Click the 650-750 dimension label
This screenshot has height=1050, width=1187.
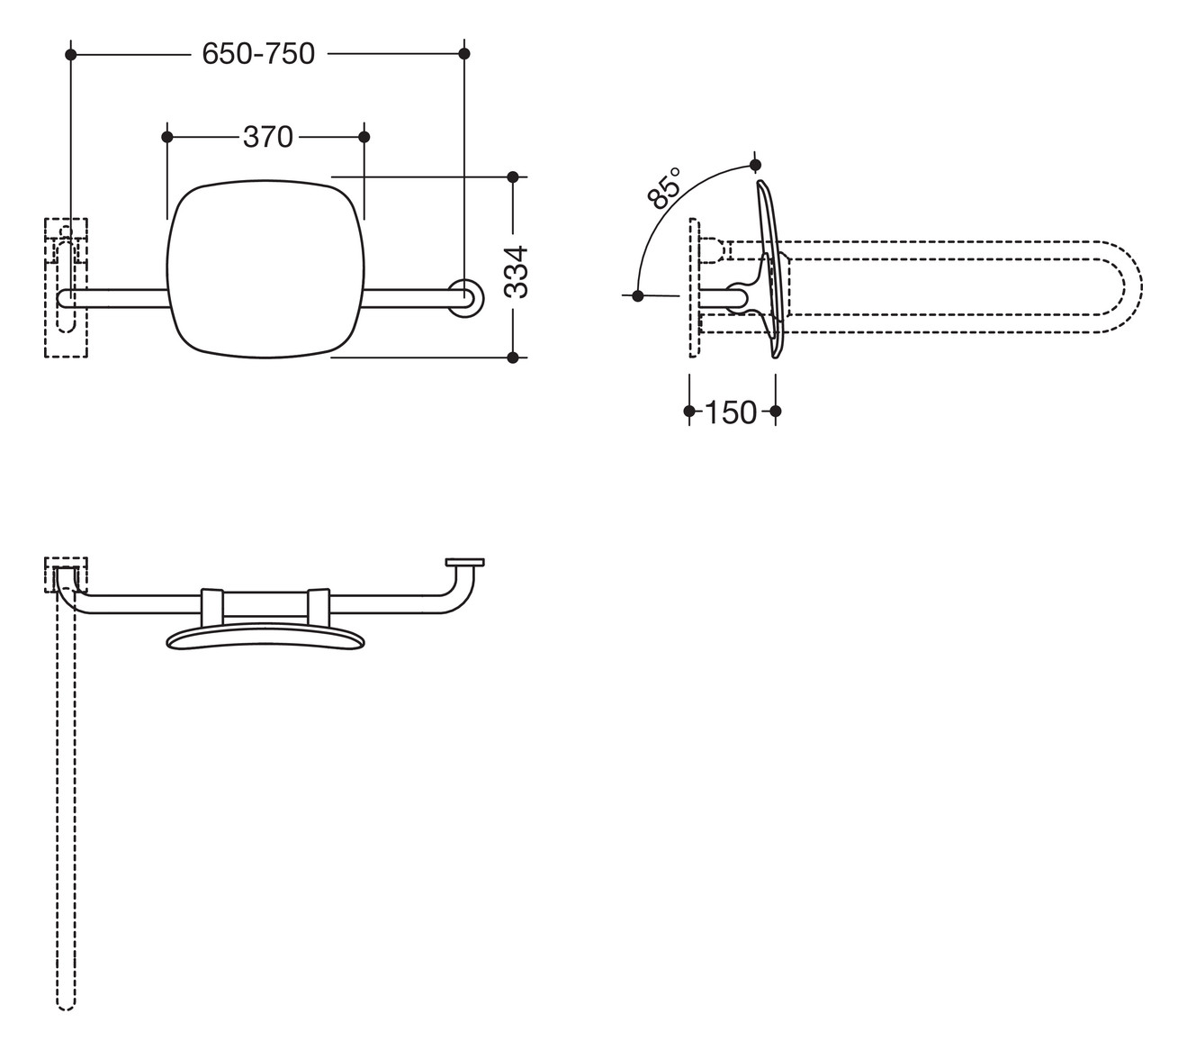point(258,54)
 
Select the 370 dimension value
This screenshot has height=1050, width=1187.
point(267,137)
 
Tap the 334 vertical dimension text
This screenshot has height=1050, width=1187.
point(515,271)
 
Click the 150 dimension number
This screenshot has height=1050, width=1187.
point(730,412)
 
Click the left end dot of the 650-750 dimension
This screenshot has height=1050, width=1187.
point(71,55)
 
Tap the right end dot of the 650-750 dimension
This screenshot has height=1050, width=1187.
point(464,54)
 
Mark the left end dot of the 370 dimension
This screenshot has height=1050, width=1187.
point(166,137)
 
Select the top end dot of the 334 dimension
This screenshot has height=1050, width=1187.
point(513,176)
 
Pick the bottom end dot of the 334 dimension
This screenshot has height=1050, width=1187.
point(513,358)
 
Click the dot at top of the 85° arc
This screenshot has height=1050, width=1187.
point(755,165)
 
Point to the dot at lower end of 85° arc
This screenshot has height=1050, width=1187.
point(638,294)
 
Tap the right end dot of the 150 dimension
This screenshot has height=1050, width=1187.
point(776,412)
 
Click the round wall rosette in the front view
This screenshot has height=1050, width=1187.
point(464,299)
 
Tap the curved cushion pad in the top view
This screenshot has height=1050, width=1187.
point(267,637)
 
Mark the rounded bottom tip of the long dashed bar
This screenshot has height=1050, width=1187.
point(66,1002)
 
